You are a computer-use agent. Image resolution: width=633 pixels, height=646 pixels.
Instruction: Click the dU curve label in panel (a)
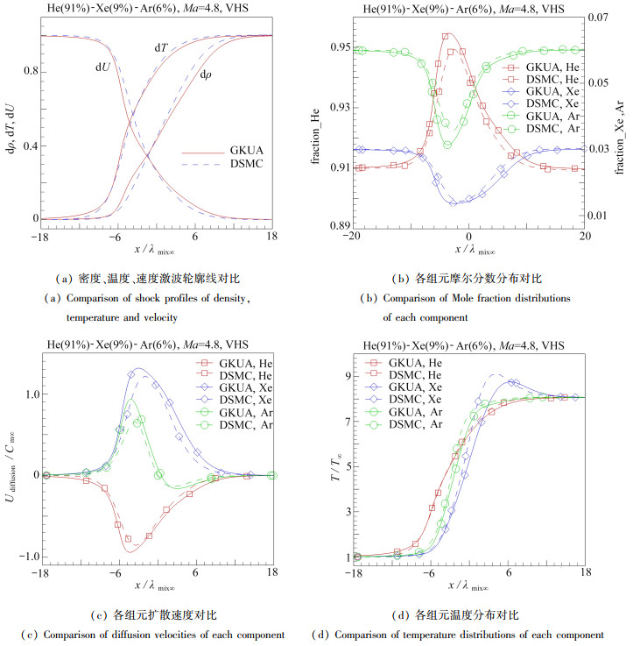[103, 65]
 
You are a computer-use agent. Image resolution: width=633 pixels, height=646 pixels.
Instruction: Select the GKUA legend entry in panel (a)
[236, 151]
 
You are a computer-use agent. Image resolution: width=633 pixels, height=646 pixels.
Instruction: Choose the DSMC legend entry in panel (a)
[236, 165]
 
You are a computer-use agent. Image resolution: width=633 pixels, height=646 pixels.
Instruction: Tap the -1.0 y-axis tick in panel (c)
[24, 557]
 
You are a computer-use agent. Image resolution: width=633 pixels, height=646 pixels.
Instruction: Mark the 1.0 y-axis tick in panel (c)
[25, 394]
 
